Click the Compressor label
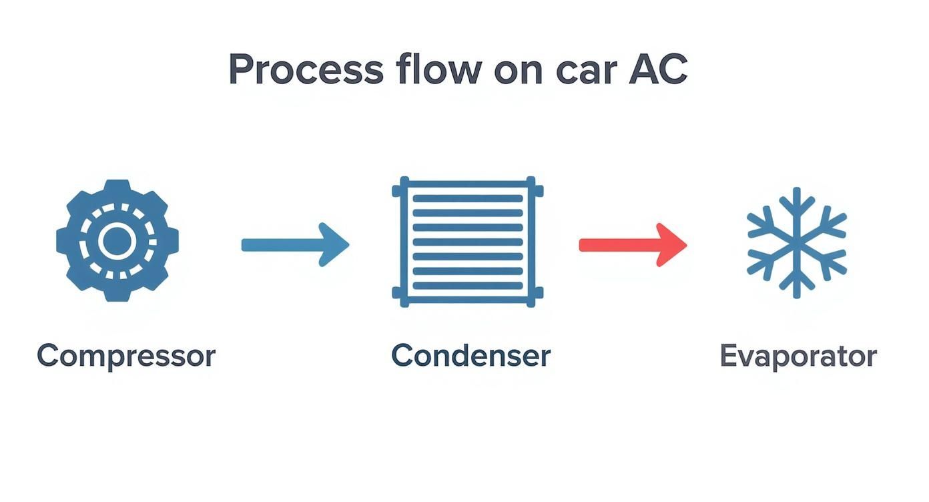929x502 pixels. click(126, 356)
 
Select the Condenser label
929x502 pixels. click(471, 355)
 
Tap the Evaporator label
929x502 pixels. click(798, 356)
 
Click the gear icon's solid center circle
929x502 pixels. click(117, 241)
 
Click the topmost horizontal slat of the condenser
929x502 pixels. click(468, 199)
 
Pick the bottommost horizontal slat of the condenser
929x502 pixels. click(468, 286)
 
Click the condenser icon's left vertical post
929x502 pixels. click(404, 242)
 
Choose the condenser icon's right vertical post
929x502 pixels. click(531, 242)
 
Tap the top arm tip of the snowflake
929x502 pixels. click(796, 192)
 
